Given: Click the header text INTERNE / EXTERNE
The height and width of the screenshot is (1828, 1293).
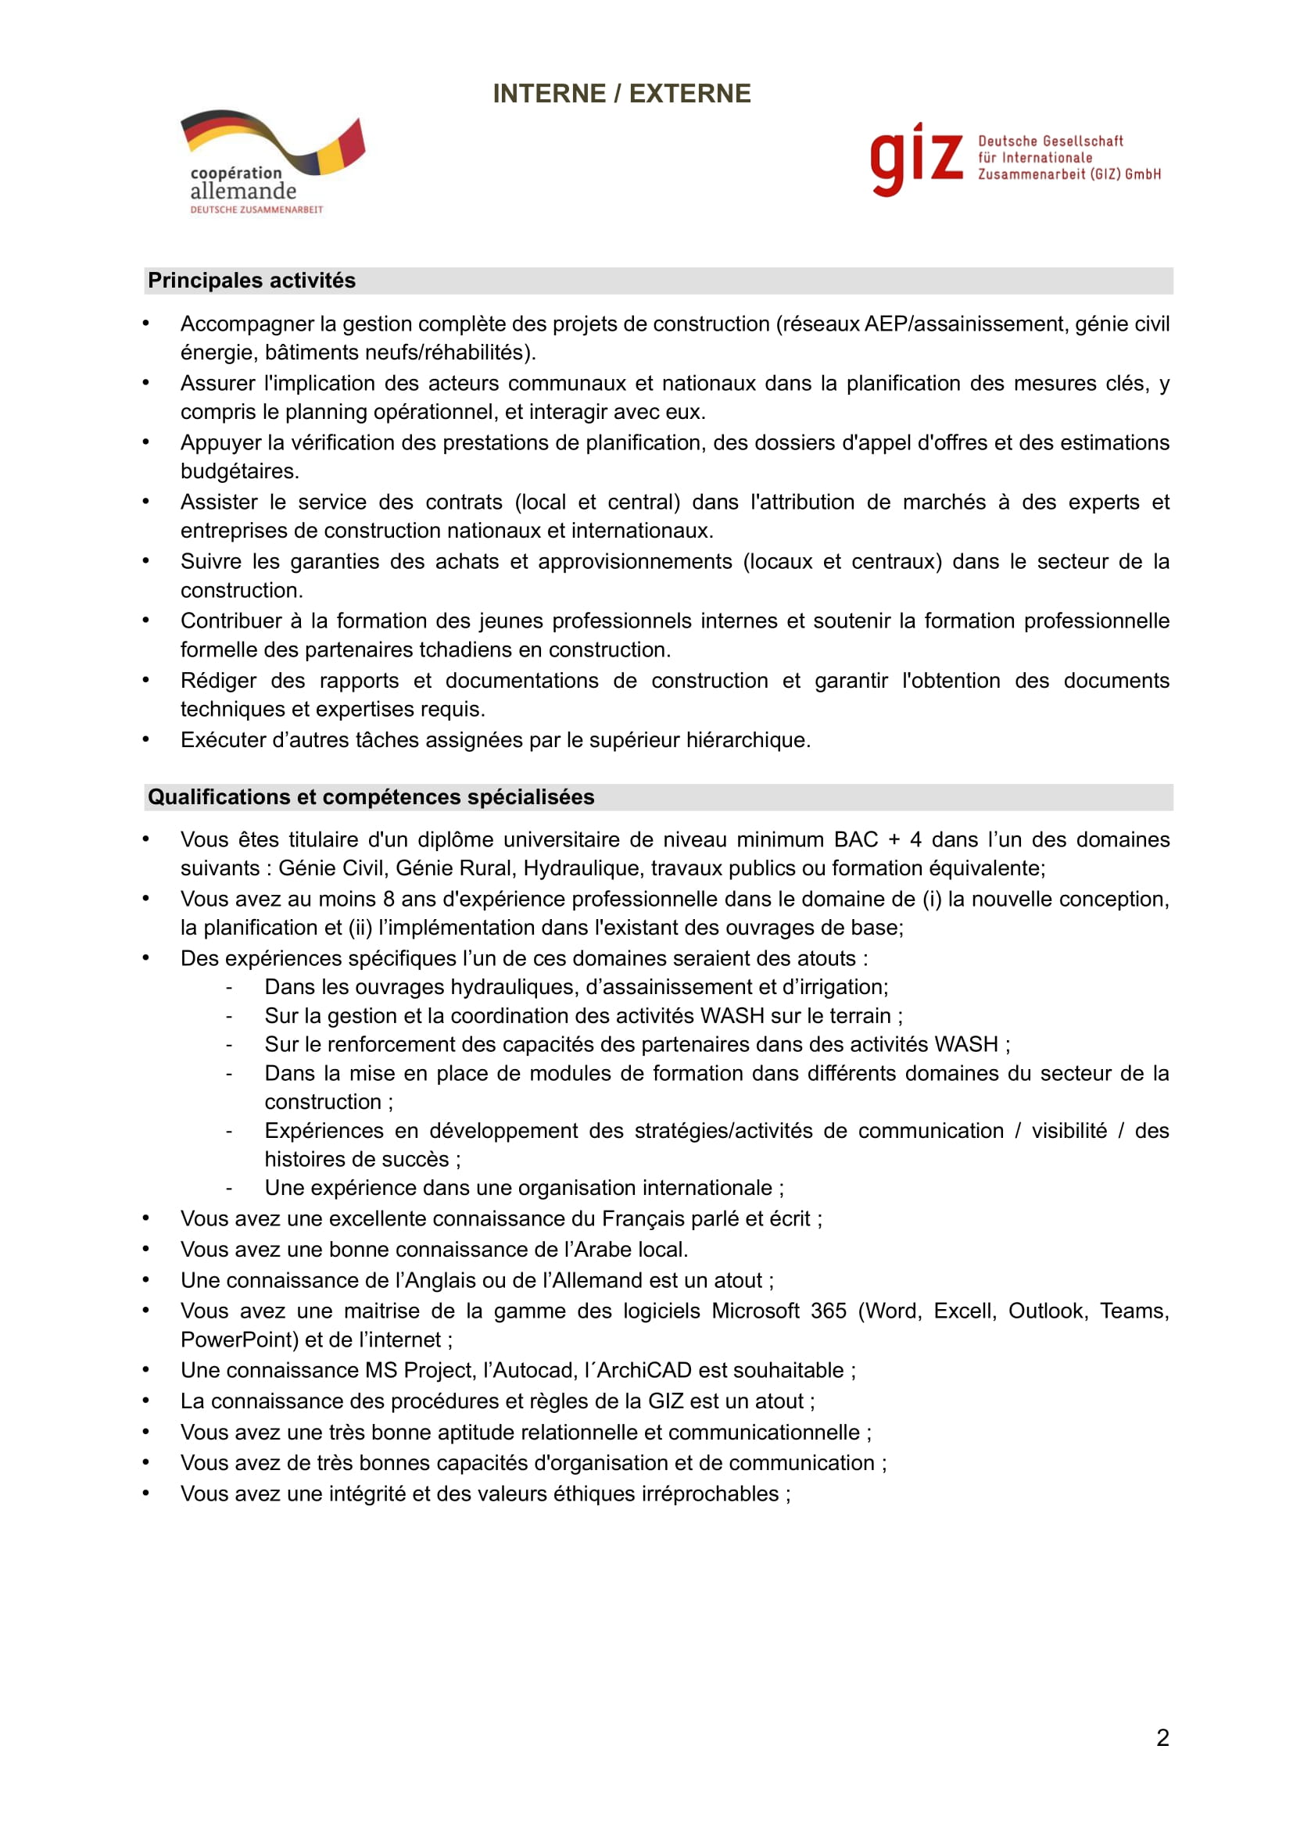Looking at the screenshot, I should tap(621, 94).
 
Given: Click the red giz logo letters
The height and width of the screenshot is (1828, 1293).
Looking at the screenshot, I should tap(915, 158).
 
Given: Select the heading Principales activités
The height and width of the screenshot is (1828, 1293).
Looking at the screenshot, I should tap(252, 281).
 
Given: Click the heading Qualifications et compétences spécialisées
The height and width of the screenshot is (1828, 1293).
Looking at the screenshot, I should tap(371, 797).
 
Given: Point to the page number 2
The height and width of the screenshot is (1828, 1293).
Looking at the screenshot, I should tap(1162, 1737).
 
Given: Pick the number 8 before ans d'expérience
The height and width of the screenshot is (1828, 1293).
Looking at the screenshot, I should tap(389, 899).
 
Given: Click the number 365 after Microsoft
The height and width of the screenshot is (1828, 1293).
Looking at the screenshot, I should tap(828, 1311).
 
